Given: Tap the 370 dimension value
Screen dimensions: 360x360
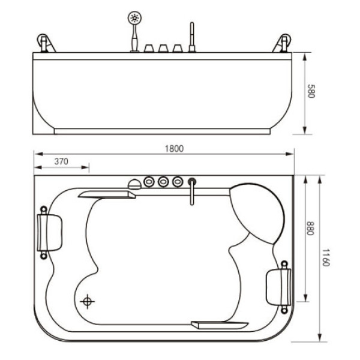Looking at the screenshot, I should click(x=61, y=161).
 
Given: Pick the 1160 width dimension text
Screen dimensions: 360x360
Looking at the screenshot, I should click(x=325, y=258).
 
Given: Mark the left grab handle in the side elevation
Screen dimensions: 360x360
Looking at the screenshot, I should click(x=43, y=44).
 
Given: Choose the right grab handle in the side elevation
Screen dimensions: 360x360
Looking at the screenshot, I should click(x=283, y=44).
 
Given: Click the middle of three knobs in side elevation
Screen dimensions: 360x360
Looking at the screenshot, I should click(x=163, y=48).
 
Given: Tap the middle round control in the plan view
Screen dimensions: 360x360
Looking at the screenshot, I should click(x=163, y=181).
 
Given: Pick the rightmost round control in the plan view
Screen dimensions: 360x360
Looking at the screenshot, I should click(x=177, y=181).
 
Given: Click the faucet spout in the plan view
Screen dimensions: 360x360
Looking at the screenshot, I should click(x=191, y=191).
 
